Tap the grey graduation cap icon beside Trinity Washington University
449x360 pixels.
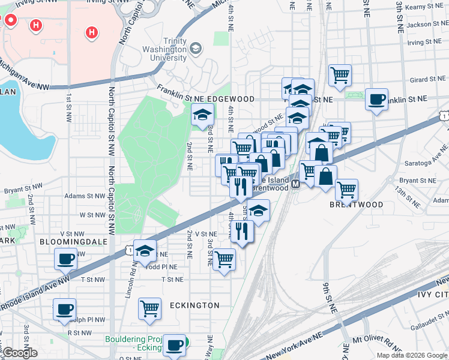(195, 48)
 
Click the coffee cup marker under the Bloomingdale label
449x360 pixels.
(65, 259)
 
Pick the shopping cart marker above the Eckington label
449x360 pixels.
(149, 308)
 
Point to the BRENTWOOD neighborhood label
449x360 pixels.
(356, 205)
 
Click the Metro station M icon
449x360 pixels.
(295, 186)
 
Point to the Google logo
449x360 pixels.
(19, 353)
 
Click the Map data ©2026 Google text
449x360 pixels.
(412, 355)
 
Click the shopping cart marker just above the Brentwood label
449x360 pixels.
(346, 190)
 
